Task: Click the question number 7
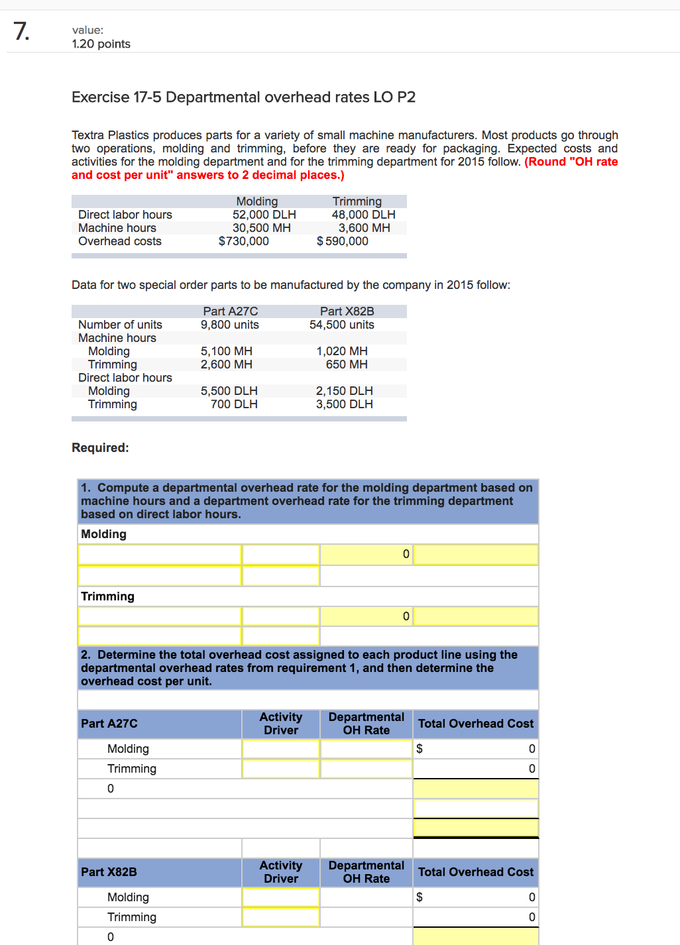tap(21, 31)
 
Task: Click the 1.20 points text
tap(101, 44)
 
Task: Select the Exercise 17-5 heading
tap(243, 97)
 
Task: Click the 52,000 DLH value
tap(264, 215)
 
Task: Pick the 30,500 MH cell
tap(261, 228)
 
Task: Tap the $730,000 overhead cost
tap(243, 241)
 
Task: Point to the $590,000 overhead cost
tap(343, 241)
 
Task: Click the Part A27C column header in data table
tap(230, 311)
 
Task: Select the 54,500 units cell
tap(341, 325)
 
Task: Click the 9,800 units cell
tap(229, 325)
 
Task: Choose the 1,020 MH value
tap(341, 351)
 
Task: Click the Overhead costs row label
tap(120, 241)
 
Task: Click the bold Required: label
tap(100, 448)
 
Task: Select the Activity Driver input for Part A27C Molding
tap(280, 749)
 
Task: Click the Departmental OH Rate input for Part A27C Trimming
tap(366, 769)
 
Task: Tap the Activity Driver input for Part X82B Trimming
tap(280, 917)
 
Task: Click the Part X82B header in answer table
tap(109, 872)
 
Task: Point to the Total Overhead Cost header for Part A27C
tap(475, 724)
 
